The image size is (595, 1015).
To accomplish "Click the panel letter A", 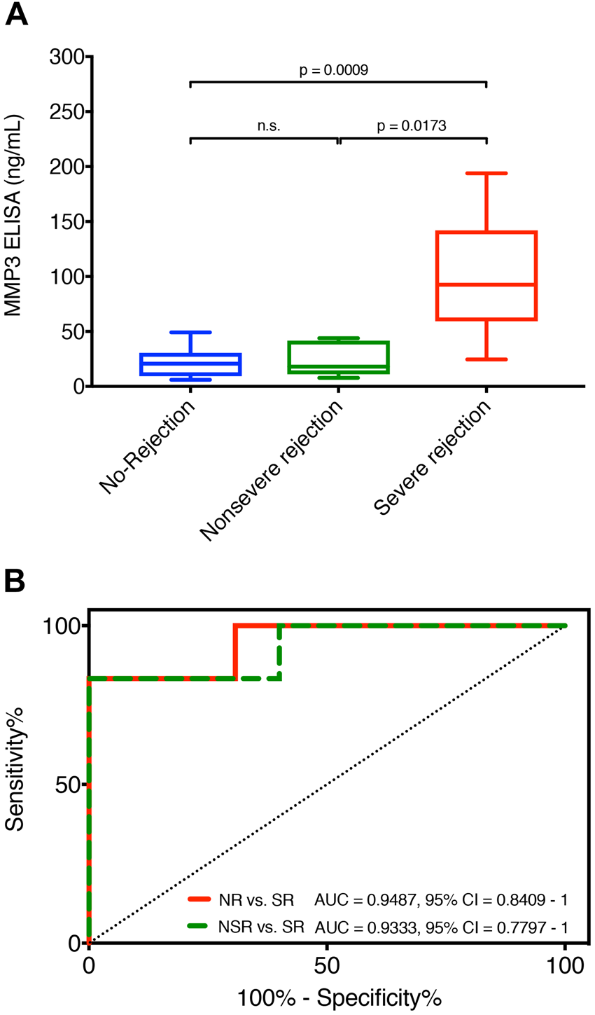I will click(x=17, y=15).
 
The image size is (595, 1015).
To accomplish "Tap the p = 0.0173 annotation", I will click(x=412, y=126).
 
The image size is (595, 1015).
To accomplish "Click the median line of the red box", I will click(x=486, y=284).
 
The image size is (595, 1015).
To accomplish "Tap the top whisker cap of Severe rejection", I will click(x=486, y=173).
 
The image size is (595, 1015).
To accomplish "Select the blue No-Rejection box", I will click(x=190, y=364).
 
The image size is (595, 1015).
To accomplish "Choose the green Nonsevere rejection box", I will click(x=338, y=358).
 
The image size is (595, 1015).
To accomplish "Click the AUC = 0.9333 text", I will click(x=363, y=927).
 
